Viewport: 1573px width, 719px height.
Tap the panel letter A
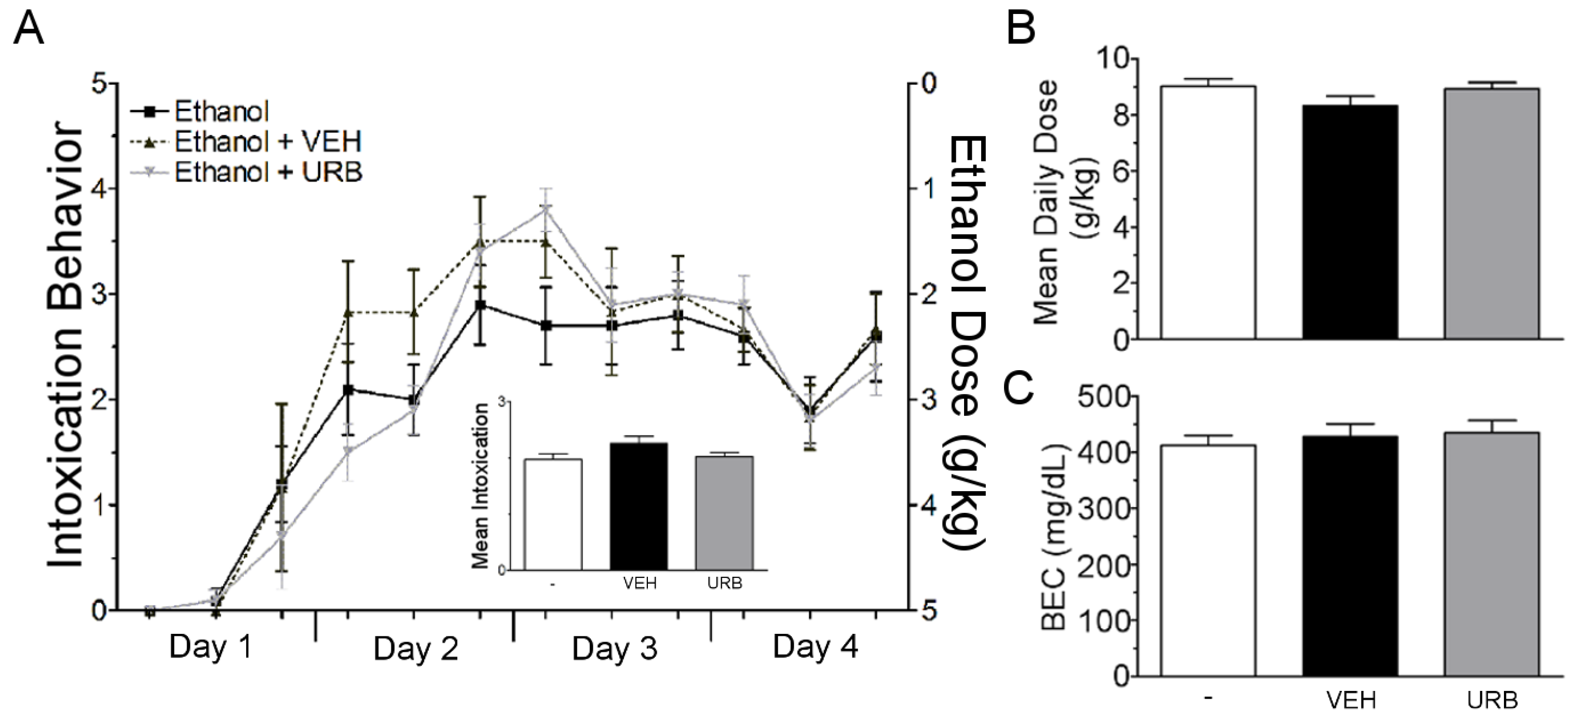tap(28, 29)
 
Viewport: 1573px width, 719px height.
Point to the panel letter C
tap(1019, 390)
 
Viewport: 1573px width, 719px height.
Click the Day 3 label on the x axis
tap(614, 648)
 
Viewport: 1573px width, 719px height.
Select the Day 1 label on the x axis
tap(211, 647)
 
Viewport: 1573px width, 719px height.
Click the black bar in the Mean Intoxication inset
tap(639, 507)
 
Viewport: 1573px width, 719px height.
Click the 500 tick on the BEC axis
tap(1102, 397)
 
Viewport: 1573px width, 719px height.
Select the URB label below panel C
tap(1493, 701)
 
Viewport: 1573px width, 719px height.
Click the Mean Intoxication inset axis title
tap(481, 485)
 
